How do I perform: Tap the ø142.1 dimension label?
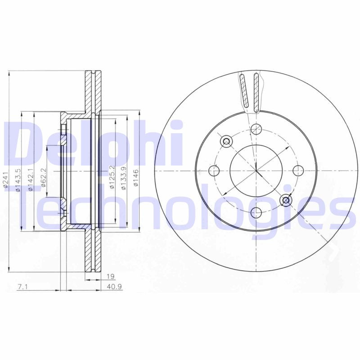point(31,180)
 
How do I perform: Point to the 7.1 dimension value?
point(22,287)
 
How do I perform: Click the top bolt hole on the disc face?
point(256,129)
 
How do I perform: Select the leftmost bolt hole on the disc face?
point(215,171)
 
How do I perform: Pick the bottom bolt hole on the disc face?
point(256,212)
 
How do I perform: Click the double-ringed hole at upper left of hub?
point(226,141)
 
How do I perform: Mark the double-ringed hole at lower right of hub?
point(285,200)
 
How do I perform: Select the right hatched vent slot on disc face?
point(256,92)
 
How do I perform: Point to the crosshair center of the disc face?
point(256,171)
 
